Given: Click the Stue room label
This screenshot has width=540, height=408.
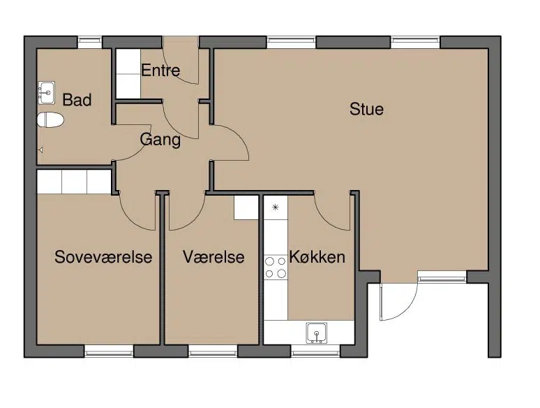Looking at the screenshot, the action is coord(366,109).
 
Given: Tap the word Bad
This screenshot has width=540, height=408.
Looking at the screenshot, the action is coord(77,100).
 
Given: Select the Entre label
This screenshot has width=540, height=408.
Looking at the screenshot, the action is coord(160,71).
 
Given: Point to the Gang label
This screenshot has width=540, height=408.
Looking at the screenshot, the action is coord(160,140).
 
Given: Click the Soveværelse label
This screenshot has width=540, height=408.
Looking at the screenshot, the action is coord(103,257).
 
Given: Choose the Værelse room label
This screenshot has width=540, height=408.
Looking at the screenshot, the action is coord(213,257).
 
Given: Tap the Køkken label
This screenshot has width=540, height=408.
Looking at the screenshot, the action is coord(317,257).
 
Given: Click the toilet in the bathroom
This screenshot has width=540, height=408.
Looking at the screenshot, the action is coord(50,120).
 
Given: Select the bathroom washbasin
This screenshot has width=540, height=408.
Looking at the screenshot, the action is coord(46,92).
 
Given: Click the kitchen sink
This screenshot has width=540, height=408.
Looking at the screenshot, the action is coord(317,333).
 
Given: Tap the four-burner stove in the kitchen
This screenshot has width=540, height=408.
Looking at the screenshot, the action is coord(276,268).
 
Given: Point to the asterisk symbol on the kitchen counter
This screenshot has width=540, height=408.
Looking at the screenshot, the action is coord(276,207).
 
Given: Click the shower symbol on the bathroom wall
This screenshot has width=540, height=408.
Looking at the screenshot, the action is coord(40,150).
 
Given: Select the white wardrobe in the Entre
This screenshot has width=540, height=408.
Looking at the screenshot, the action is coord(128,73).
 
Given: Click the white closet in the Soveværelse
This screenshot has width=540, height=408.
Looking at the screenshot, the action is coord(74,182).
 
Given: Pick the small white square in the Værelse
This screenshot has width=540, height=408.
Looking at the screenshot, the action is coord(246,207).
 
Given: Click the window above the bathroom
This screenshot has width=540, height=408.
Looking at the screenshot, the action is coord(90,43).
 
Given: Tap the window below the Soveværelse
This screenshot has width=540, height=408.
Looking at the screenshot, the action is coord(109,351).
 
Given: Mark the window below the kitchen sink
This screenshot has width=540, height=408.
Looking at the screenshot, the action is coord(315,351).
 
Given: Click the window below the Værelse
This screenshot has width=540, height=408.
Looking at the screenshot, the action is coord(213,351).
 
